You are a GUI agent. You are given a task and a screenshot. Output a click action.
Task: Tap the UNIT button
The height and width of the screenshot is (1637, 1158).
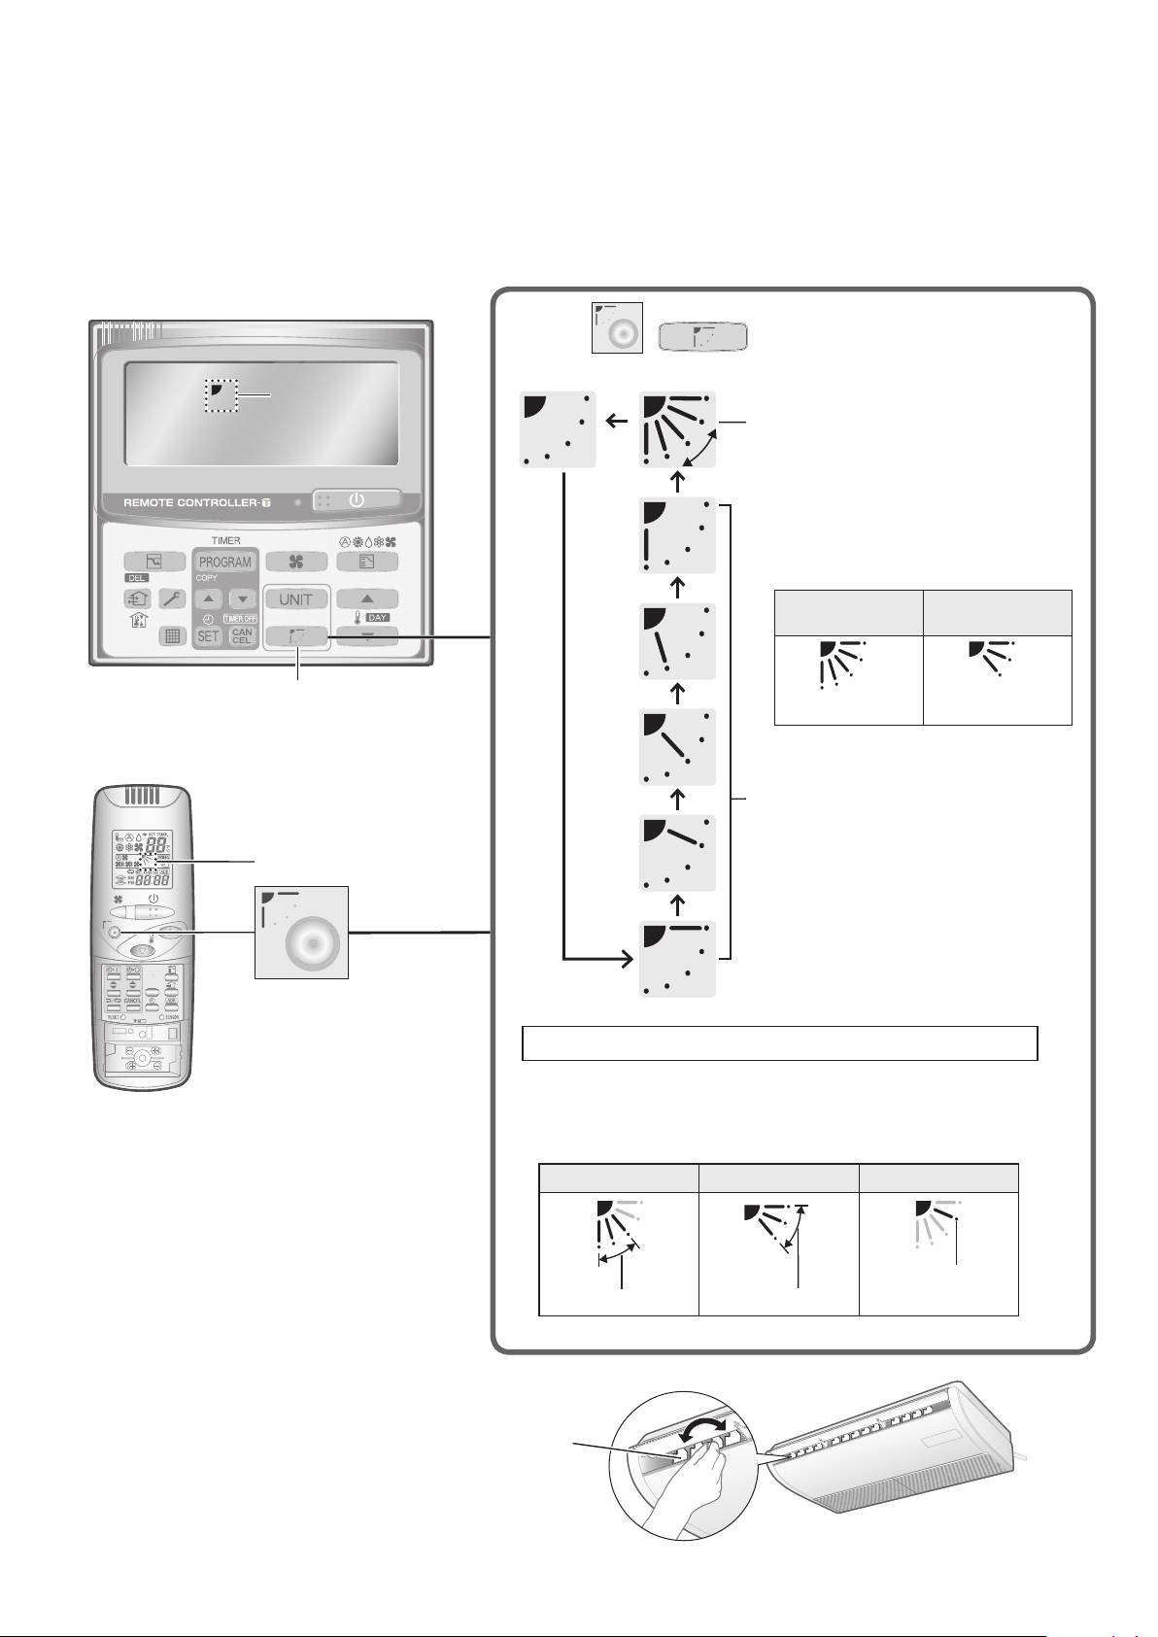click(296, 599)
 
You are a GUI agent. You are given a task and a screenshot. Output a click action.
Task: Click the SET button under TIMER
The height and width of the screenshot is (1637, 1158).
click(208, 636)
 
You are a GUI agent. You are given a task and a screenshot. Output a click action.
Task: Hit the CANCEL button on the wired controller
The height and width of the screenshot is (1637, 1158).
click(242, 636)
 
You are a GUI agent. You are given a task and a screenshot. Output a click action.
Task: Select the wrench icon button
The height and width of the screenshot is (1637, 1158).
click(174, 599)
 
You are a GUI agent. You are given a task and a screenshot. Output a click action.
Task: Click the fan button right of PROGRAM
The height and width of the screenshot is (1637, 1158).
click(296, 562)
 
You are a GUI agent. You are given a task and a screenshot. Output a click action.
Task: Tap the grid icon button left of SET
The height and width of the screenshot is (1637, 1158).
click(174, 636)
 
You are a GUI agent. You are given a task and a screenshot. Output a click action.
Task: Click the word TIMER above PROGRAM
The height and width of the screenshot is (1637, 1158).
click(225, 540)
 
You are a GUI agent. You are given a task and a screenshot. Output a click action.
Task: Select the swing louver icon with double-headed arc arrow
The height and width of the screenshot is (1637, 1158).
click(678, 429)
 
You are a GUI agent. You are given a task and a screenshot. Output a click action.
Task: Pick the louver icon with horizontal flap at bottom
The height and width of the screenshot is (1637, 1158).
click(678, 958)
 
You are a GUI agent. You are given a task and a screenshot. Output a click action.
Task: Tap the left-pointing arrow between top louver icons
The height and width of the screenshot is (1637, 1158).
click(616, 420)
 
